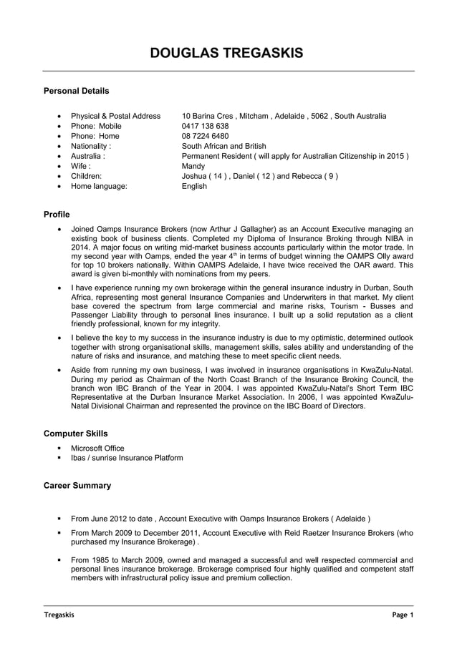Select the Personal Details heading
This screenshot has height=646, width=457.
[77, 91]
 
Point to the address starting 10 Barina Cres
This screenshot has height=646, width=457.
[284, 115]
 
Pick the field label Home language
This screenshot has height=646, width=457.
[99, 186]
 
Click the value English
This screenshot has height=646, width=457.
[195, 186]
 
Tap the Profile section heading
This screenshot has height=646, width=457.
[57, 213]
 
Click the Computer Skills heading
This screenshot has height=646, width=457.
[76, 434]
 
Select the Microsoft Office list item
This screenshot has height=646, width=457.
[97, 448]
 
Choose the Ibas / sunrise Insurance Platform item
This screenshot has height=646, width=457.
[127, 458]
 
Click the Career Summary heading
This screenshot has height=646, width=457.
[77, 486]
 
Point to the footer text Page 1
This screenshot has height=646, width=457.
[402, 615]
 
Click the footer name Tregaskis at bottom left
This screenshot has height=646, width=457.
[59, 615]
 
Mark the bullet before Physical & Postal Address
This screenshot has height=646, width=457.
[58, 116]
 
